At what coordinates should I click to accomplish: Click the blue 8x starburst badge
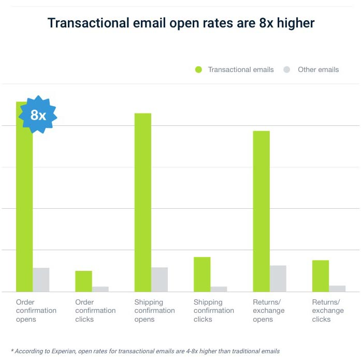pyautogui.click(x=38, y=115)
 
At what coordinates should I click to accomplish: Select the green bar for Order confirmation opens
pyautogui.click(x=24, y=207)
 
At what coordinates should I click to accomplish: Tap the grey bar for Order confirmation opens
pyautogui.click(x=41, y=280)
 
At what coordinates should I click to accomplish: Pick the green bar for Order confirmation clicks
pyautogui.click(x=83, y=281)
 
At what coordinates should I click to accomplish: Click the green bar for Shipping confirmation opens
pyautogui.click(x=143, y=202)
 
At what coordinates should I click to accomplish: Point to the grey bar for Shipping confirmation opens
pyautogui.click(x=160, y=280)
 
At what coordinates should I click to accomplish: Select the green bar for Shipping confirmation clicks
pyautogui.click(x=202, y=275)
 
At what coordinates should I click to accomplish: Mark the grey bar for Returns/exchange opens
pyautogui.click(x=278, y=279)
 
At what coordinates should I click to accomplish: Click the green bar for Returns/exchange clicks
pyautogui.click(x=321, y=276)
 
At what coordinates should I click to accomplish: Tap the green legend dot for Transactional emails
pyautogui.click(x=198, y=69)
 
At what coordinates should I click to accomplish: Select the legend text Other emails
pyautogui.click(x=318, y=69)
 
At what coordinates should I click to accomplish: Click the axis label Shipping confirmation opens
pyautogui.click(x=154, y=311)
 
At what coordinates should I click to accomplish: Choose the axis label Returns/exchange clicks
pyautogui.click(x=326, y=311)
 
